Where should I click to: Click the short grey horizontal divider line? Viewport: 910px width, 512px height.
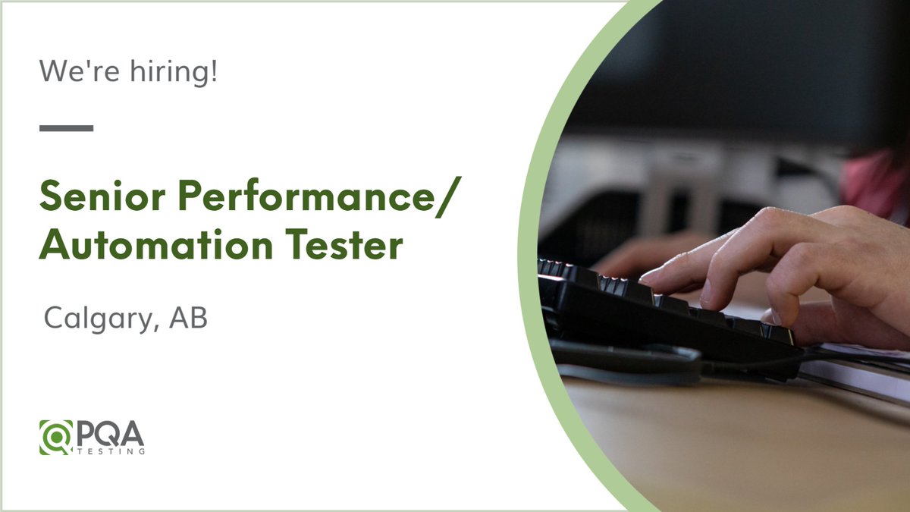click(x=66, y=128)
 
